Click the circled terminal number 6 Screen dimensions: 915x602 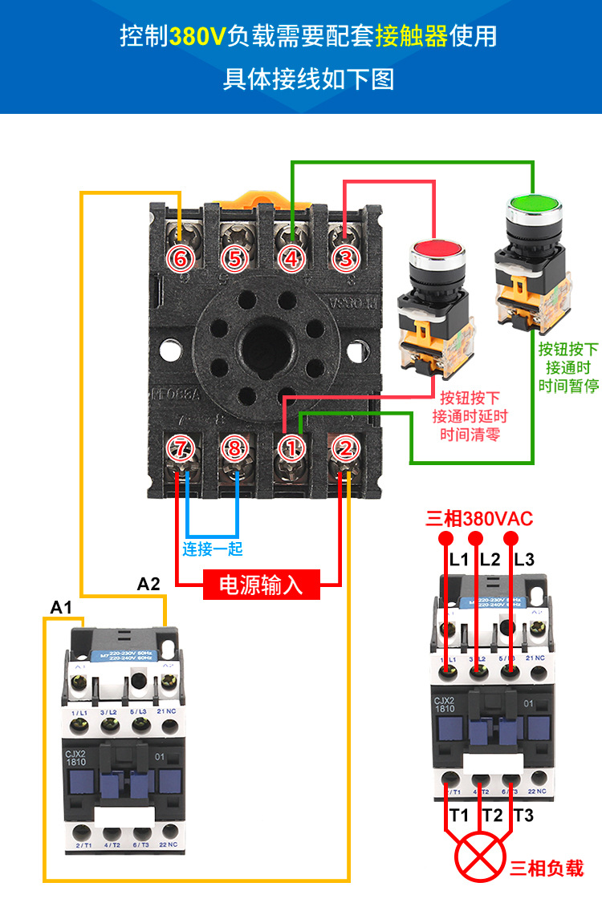tap(181, 258)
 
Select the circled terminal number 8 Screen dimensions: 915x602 tap(234, 448)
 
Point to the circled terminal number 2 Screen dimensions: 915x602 tap(345, 448)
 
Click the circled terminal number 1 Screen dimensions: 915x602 tap(291, 448)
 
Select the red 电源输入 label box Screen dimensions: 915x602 tap(262, 585)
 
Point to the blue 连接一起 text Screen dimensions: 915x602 tap(212, 549)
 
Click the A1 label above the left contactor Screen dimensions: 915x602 tap(61, 607)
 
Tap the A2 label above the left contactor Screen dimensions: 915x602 tap(148, 584)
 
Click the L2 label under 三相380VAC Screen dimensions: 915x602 tap(490, 560)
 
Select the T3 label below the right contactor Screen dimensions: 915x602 tap(523, 816)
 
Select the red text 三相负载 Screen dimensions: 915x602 tap(547, 868)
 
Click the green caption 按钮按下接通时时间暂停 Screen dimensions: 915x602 tap(568, 367)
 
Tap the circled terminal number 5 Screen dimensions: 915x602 tap(234, 258)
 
